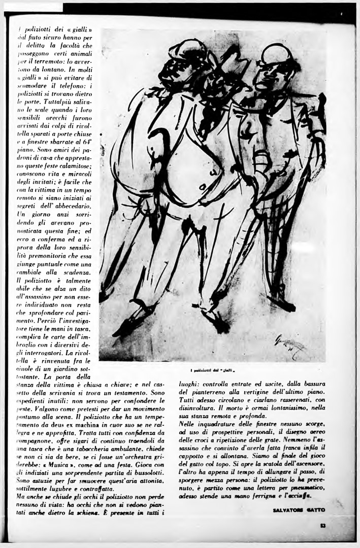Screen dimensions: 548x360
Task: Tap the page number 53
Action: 322,526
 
